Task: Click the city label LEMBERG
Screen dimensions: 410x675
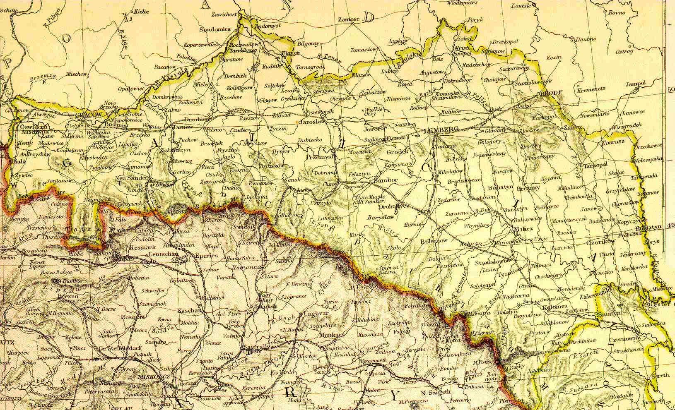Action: pyautogui.click(x=441, y=130)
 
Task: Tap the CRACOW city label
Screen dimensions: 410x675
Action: pyautogui.click(x=89, y=115)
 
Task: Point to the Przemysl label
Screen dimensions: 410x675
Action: pyautogui.click(x=320, y=157)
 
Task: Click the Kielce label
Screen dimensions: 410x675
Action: pyautogui.click(x=141, y=12)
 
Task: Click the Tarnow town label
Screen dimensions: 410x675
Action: pyautogui.click(x=180, y=127)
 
